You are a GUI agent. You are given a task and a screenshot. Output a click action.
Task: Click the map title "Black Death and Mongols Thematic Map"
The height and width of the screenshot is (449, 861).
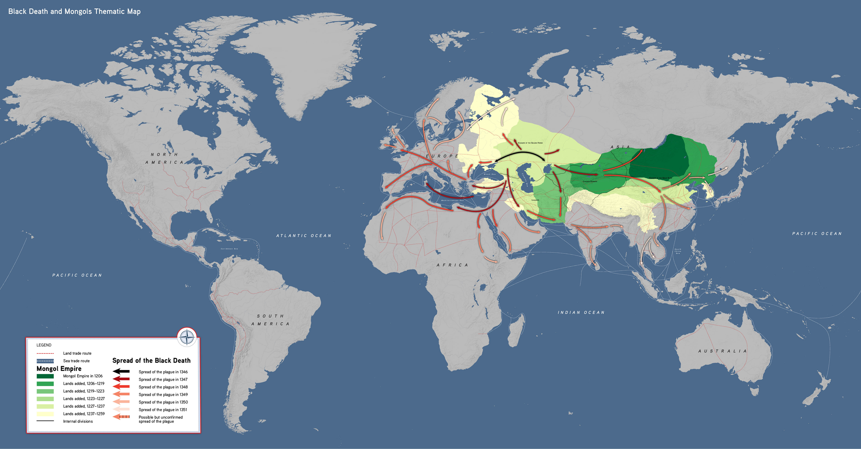74,11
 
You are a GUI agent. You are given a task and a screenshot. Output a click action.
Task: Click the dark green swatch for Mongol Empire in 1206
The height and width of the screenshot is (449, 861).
45,376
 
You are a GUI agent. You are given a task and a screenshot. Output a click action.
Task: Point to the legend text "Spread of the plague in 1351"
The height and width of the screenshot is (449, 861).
163,410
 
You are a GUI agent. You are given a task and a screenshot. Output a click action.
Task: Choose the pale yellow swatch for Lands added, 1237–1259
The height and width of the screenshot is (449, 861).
45,414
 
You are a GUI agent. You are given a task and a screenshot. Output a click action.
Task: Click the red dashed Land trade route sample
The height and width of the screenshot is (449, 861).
45,353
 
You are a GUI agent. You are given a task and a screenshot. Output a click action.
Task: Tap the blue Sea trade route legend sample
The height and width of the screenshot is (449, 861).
45,361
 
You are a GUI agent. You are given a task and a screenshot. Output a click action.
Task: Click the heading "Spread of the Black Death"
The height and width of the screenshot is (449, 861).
151,360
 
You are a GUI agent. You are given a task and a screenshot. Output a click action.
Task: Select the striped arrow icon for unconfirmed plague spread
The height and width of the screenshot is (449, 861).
121,417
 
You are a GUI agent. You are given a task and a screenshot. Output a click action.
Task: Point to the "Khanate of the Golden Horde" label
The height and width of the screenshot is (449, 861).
530,143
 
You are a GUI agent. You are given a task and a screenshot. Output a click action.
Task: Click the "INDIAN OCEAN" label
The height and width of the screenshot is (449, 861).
581,312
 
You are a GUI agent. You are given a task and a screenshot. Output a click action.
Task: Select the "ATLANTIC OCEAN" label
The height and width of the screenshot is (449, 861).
303,236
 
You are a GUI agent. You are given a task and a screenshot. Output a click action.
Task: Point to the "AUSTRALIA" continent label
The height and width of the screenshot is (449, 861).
722,351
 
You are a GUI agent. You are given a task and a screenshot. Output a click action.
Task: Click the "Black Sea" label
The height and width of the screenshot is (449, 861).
490,174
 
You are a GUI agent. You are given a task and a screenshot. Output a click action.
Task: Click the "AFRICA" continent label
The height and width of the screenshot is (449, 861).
452,265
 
